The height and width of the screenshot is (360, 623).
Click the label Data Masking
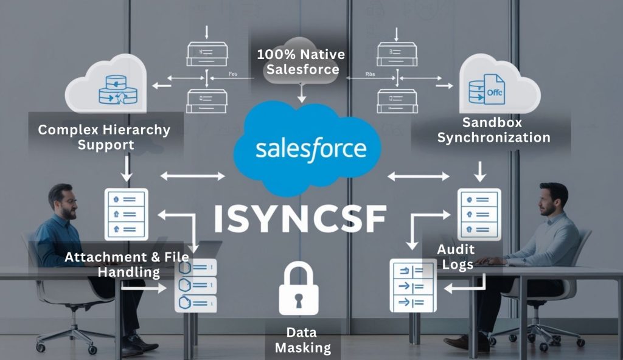click(x=302, y=340)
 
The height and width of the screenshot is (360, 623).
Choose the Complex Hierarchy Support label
click(x=103, y=137)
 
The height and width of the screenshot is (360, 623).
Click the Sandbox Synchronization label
click(x=493, y=130)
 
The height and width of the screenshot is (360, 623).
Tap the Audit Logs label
click(x=455, y=257)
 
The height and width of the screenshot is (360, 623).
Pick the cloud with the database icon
click(x=108, y=86)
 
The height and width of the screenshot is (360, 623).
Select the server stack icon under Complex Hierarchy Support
click(x=127, y=213)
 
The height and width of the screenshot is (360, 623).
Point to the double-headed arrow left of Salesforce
click(x=192, y=176)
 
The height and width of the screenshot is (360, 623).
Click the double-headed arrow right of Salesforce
click(x=419, y=176)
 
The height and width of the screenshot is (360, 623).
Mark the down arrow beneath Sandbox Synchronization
click(x=480, y=171)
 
